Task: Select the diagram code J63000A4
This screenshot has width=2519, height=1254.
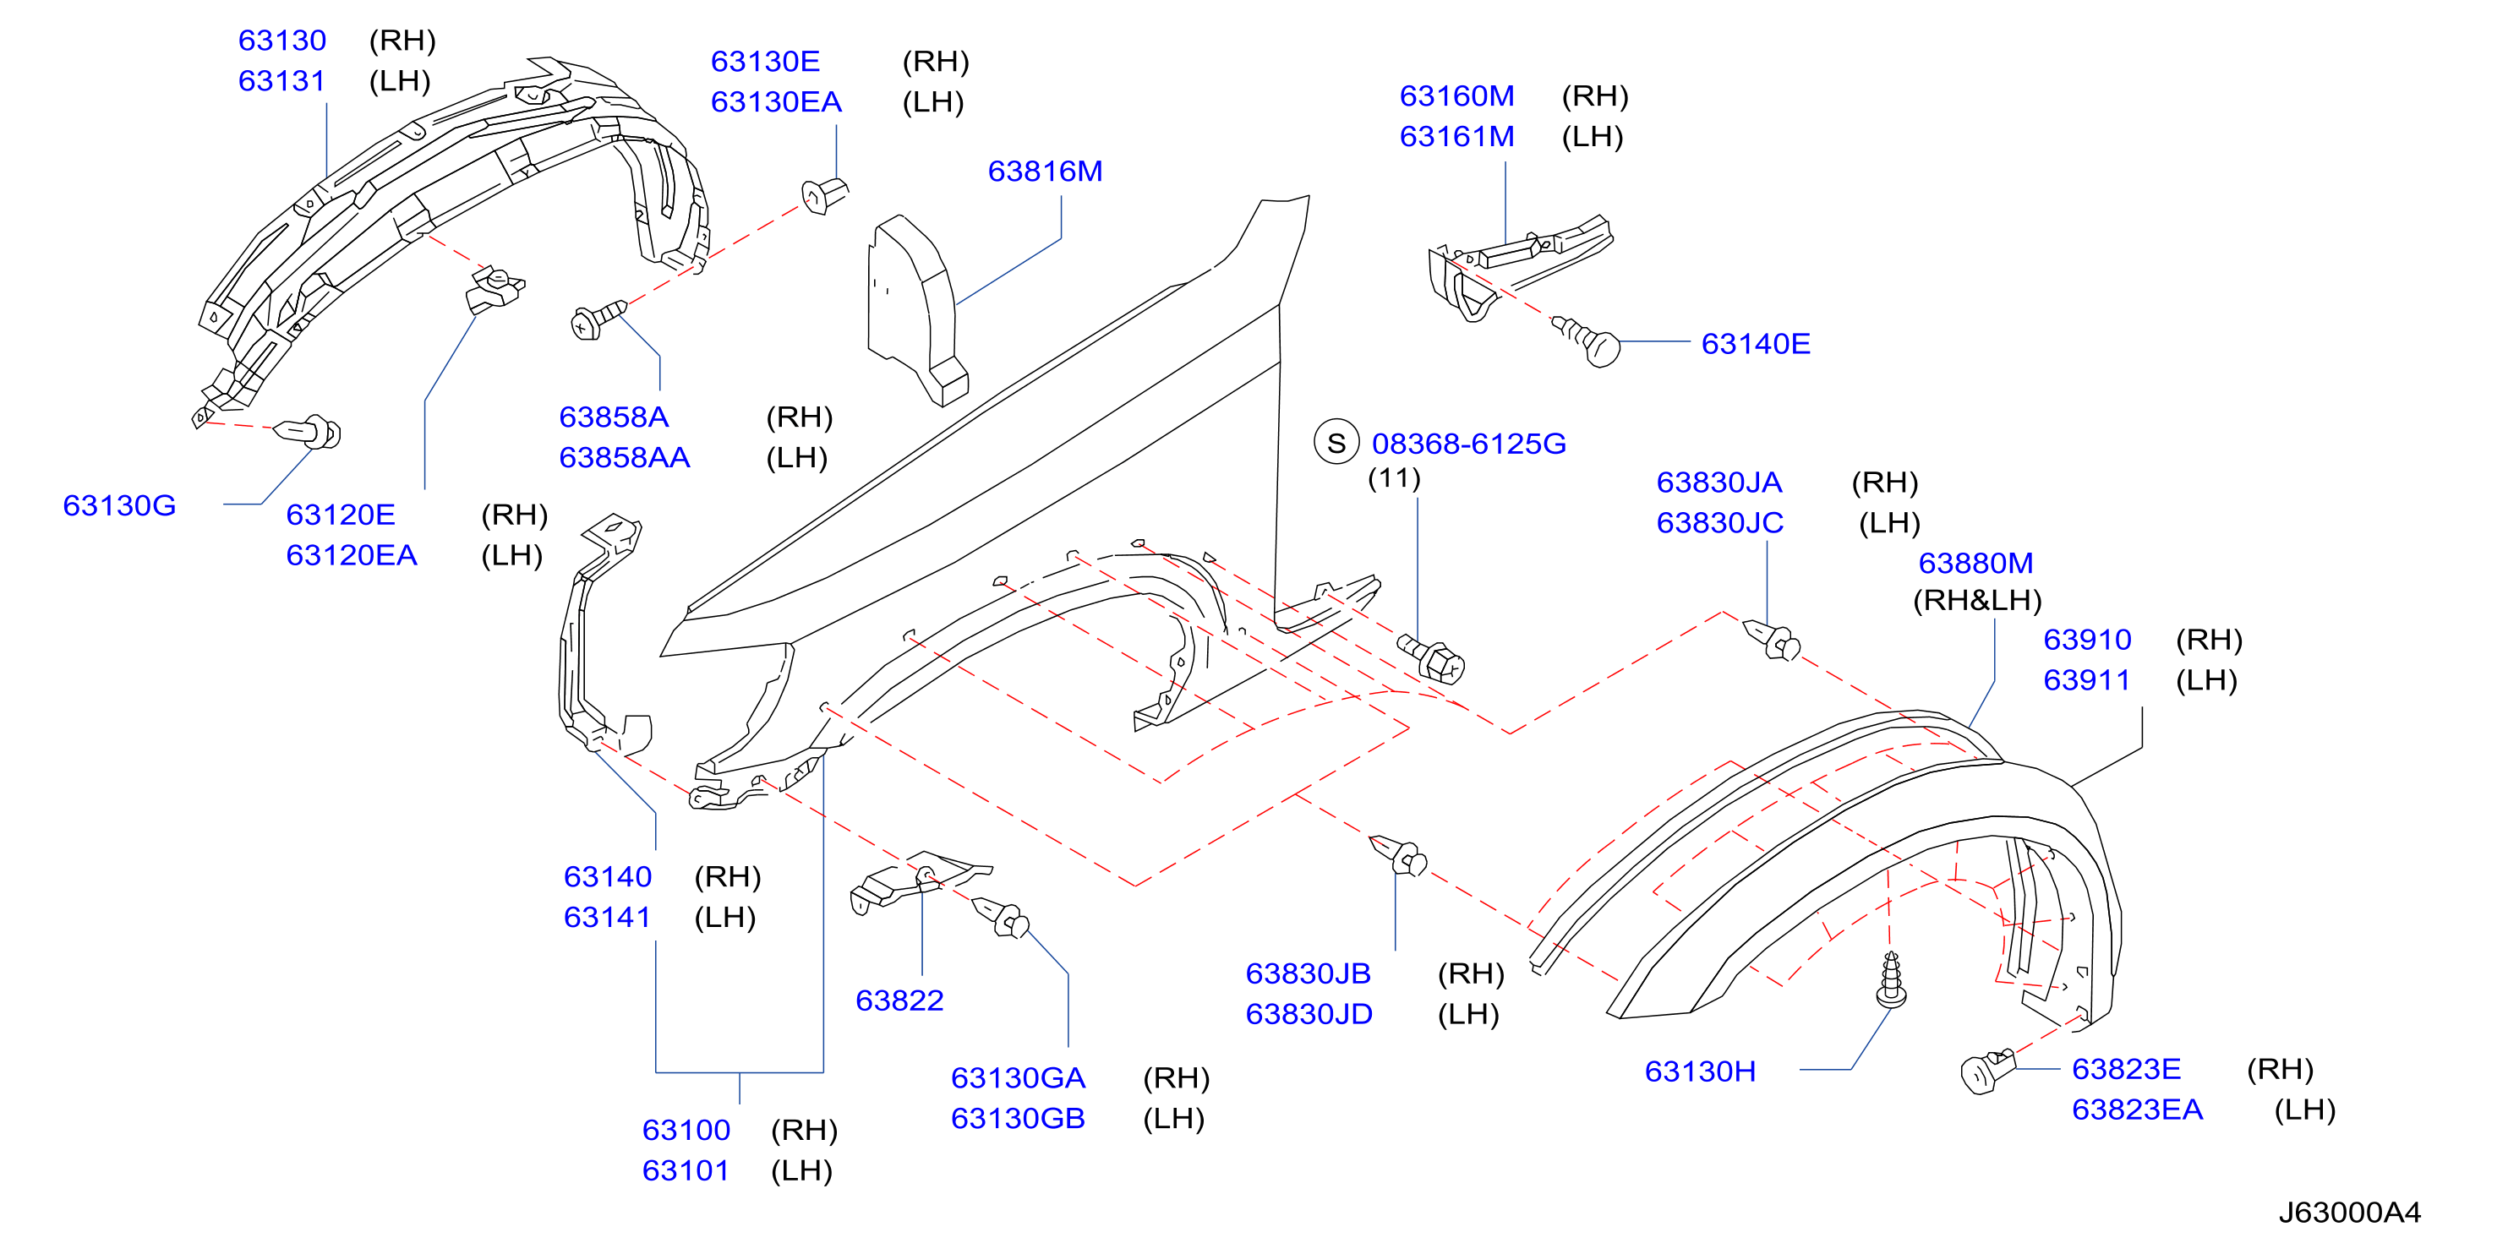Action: tap(2349, 1212)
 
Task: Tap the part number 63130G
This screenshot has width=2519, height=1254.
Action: tap(119, 505)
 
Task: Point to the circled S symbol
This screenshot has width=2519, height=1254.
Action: tap(1336, 443)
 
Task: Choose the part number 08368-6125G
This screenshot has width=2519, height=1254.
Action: tap(1469, 444)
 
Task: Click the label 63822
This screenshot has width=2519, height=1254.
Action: tap(899, 1000)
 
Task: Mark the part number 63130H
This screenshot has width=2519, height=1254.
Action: tap(1700, 1071)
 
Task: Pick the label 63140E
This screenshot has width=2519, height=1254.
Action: tap(1756, 344)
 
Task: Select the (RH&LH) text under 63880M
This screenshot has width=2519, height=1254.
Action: tap(1977, 600)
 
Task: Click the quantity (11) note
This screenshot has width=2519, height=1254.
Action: tap(1393, 478)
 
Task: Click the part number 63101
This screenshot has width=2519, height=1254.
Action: tap(686, 1170)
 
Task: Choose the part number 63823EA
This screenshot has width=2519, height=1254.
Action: tap(2137, 1110)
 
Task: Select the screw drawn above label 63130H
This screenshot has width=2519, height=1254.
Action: tap(1891, 980)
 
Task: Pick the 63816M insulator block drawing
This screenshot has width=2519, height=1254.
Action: tap(917, 309)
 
